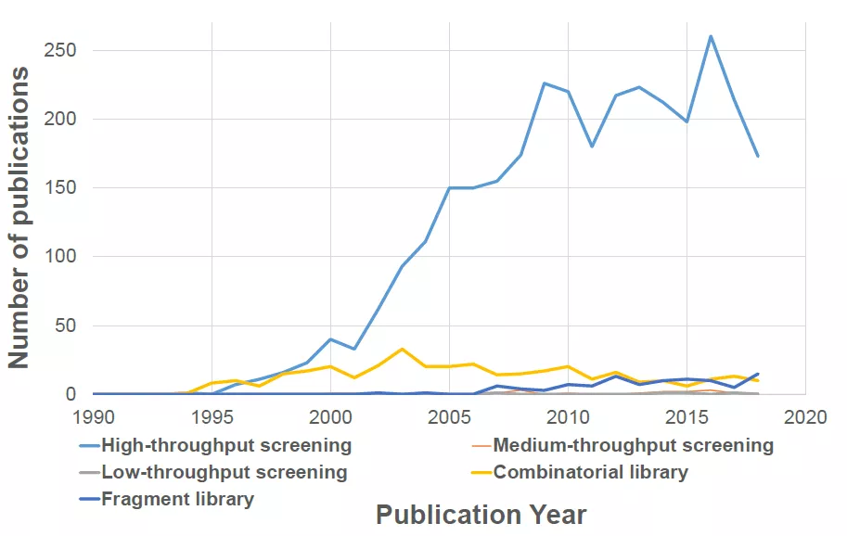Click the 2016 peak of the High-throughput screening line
[711, 36]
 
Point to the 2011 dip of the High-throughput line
[592, 147]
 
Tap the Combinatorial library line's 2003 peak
[402, 350]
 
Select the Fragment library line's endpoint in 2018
[758, 374]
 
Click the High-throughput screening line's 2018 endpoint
[758, 156]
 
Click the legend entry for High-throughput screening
[215, 445]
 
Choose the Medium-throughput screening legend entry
[622, 445]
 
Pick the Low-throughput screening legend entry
[212, 472]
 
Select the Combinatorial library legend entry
[580, 472]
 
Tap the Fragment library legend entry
[166, 499]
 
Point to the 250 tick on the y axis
[59, 50]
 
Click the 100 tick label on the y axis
[59, 256]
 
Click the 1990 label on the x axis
[94, 417]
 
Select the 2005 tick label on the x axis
[449, 417]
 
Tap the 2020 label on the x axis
[805, 417]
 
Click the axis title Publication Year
[481, 515]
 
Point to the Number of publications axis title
[18, 218]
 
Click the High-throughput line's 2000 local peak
[330, 339]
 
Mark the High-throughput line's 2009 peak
[545, 83]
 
